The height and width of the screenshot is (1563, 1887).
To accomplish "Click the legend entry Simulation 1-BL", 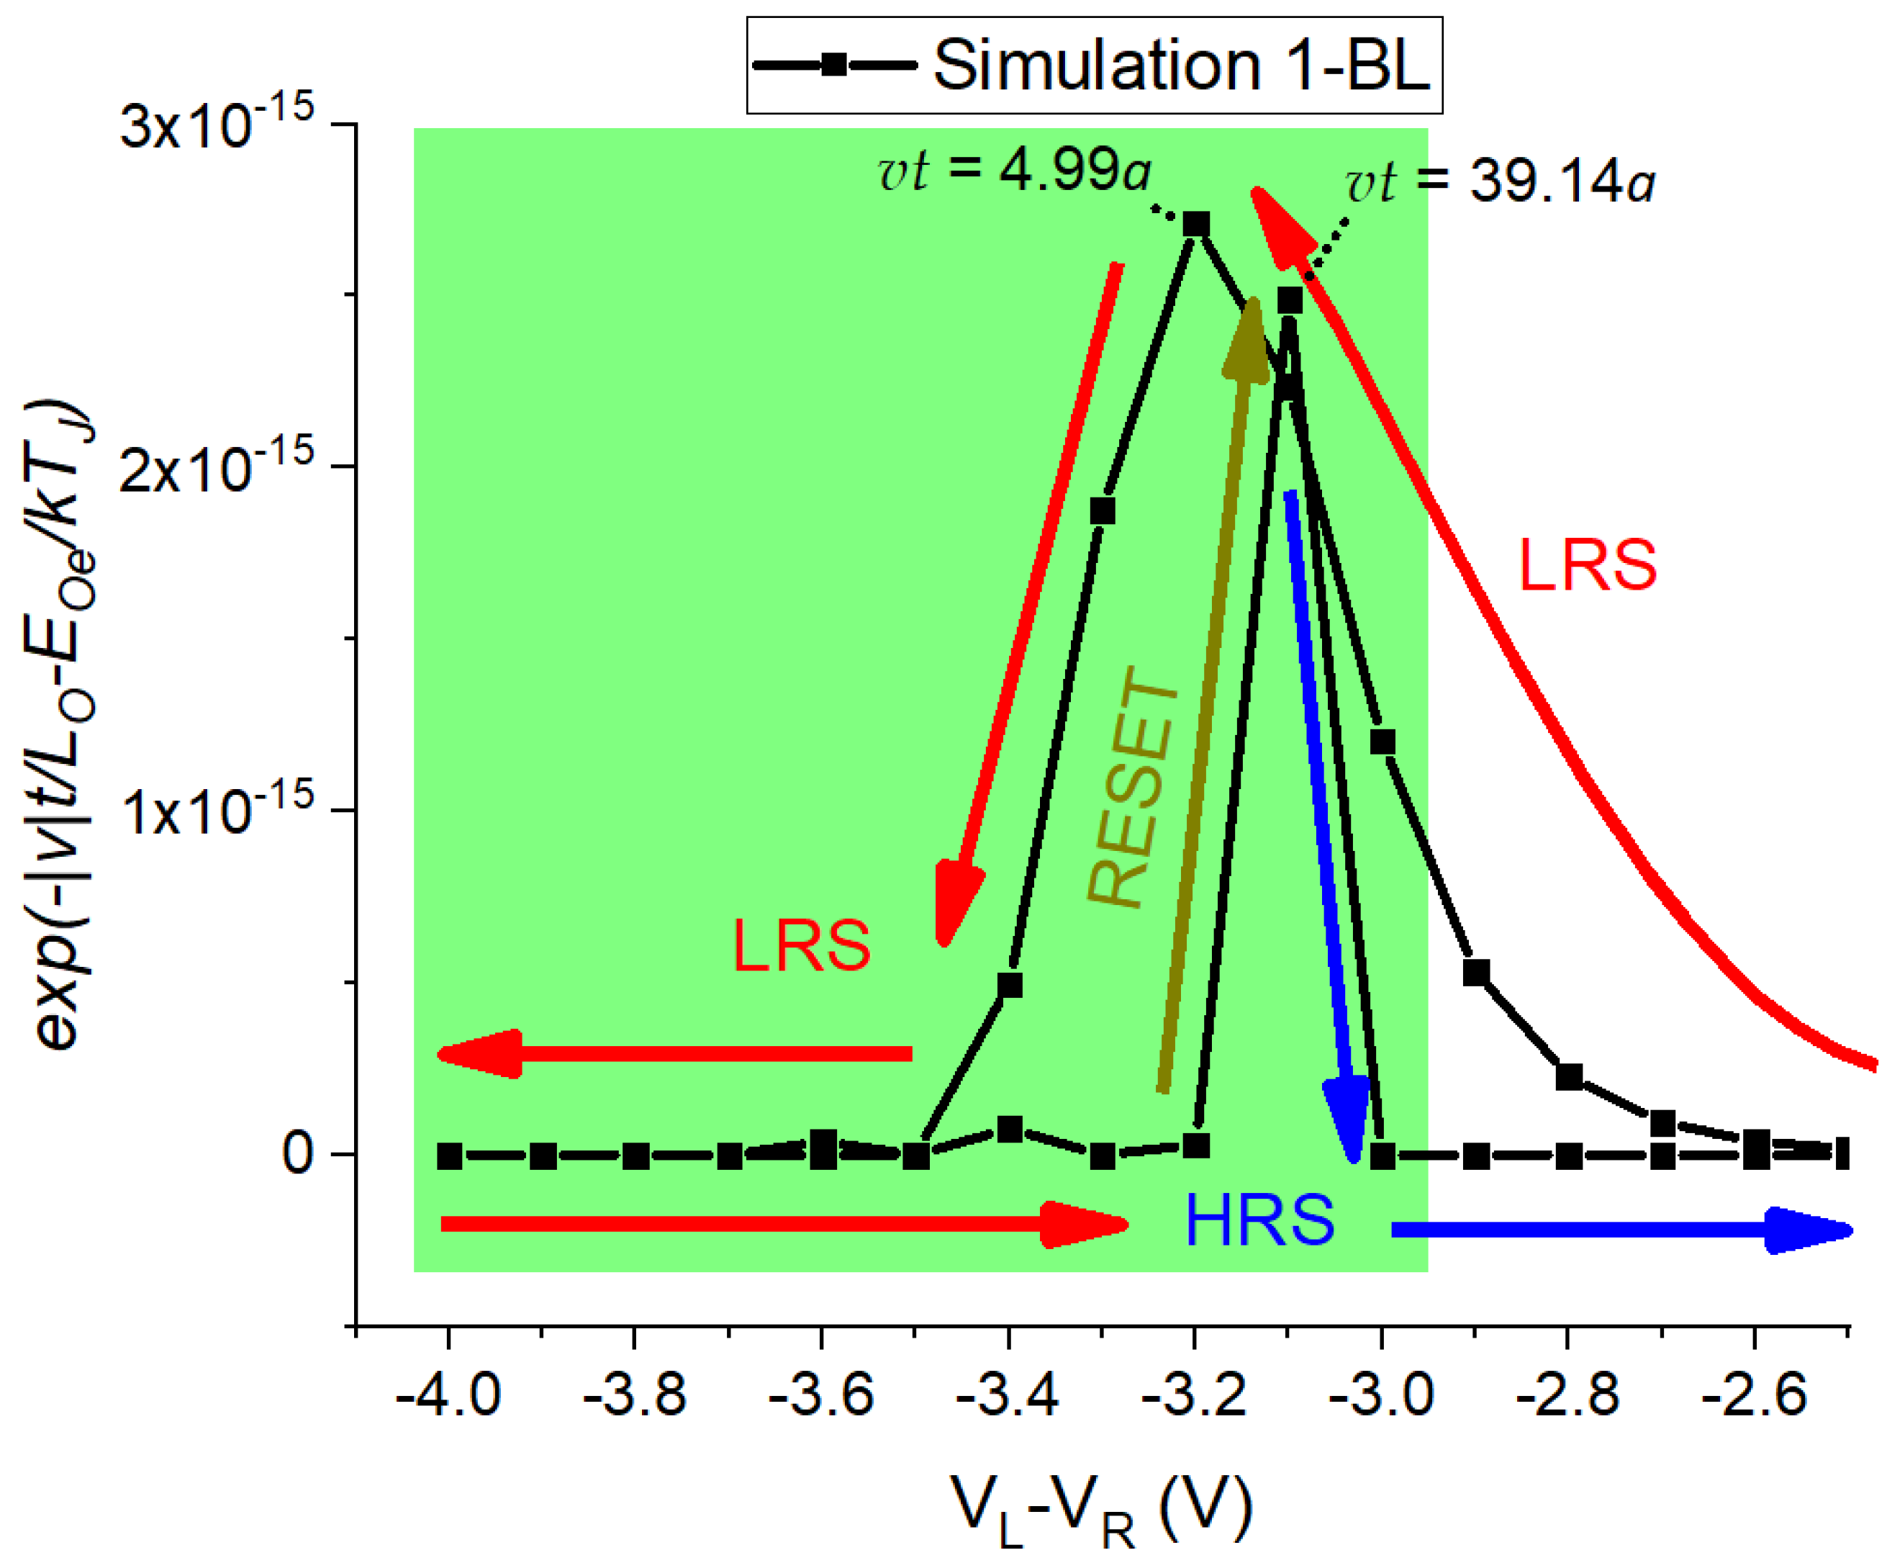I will tap(1094, 65).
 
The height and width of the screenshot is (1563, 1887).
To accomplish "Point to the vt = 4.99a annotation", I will tap(1013, 170).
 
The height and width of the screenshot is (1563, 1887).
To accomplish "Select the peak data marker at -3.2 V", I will tap(1195, 224).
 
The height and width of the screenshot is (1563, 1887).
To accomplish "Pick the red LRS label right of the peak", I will tap(1587, 565).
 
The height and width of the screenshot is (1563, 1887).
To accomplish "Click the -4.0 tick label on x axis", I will tap(448, 1397).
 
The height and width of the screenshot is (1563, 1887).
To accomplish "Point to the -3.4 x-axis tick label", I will tap(1008, 1397).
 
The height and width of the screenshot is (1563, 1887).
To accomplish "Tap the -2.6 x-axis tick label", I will tap(1753, 1397).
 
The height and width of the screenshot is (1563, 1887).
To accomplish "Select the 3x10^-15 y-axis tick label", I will tap(217, 123).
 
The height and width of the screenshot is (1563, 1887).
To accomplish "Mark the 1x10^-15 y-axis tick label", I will tap(217, 811).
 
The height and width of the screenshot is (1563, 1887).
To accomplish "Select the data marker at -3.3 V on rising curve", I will tap(1103, 510).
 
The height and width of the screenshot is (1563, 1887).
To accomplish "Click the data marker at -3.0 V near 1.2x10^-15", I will tap(1382, 742).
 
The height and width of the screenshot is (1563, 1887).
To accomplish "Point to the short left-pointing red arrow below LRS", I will tap(674, 1053).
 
